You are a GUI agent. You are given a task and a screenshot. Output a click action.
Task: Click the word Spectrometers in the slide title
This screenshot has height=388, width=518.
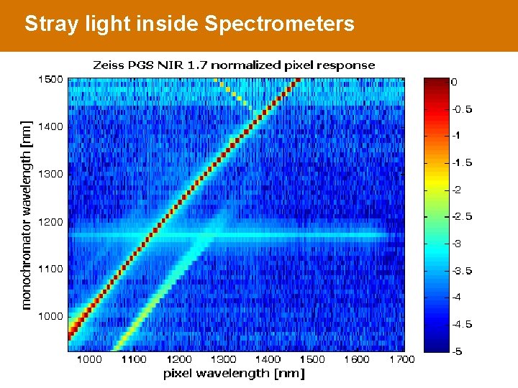(x=279, y=24)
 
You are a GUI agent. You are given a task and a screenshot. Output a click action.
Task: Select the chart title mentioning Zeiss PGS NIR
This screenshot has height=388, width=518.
(x=234, y=65)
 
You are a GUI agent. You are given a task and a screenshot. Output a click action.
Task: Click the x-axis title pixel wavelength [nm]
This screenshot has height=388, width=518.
(x=234, y=373)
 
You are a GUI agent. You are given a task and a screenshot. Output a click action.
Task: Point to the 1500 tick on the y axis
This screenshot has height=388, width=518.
(x=50, y=79)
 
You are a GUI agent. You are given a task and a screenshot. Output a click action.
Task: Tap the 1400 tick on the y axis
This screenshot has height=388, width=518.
(x=50, y=126)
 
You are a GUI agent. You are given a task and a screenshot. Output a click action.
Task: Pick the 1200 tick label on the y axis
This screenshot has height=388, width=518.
(x=50, y=222)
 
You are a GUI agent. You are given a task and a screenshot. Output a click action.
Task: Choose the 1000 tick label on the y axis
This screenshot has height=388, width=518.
(x=50, y=316)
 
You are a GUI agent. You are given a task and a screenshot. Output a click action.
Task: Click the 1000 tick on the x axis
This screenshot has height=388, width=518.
(x=89, y=359)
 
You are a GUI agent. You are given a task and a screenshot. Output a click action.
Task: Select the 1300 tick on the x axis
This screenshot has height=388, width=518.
(x=223, y=359)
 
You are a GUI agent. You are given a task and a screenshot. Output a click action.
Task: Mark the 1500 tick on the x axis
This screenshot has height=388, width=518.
(x=312, y=359)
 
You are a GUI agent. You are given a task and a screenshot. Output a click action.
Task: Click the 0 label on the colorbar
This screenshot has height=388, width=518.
(x=454, y=82)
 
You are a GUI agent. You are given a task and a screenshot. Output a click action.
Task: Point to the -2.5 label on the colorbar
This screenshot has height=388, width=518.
(x=462, y=216)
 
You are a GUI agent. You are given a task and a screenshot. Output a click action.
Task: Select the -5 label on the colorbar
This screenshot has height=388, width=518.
(x=457, y=351)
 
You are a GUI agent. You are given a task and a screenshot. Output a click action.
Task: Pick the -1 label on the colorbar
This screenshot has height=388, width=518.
(x=457, y=136)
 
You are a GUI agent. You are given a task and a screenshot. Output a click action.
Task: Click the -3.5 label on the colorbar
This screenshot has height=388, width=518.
(x=462, y=270)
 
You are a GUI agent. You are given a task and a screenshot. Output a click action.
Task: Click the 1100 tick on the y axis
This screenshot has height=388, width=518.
(x=50, y=269)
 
